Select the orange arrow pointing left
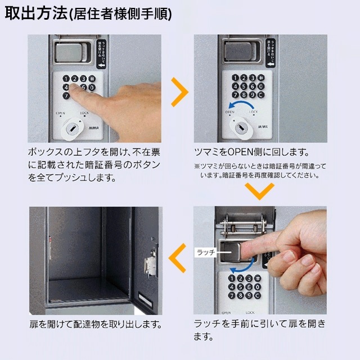click(x=178, y=259)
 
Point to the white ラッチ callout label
click(x=205, y=254)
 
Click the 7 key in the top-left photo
click(x=66, y=96)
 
